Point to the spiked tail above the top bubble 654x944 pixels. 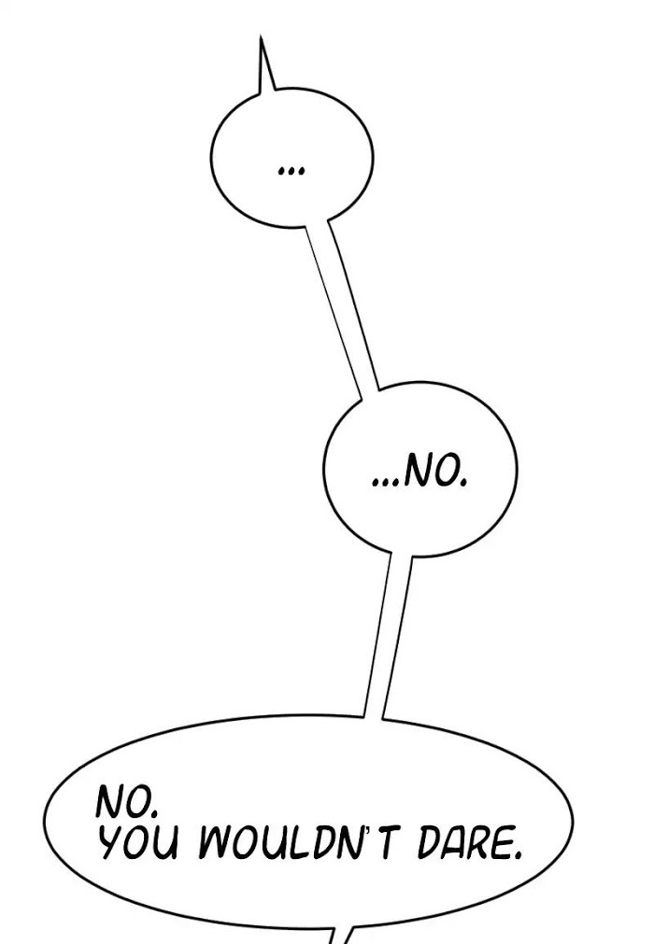point(265,66)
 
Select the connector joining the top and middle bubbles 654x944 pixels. point(343,307)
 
